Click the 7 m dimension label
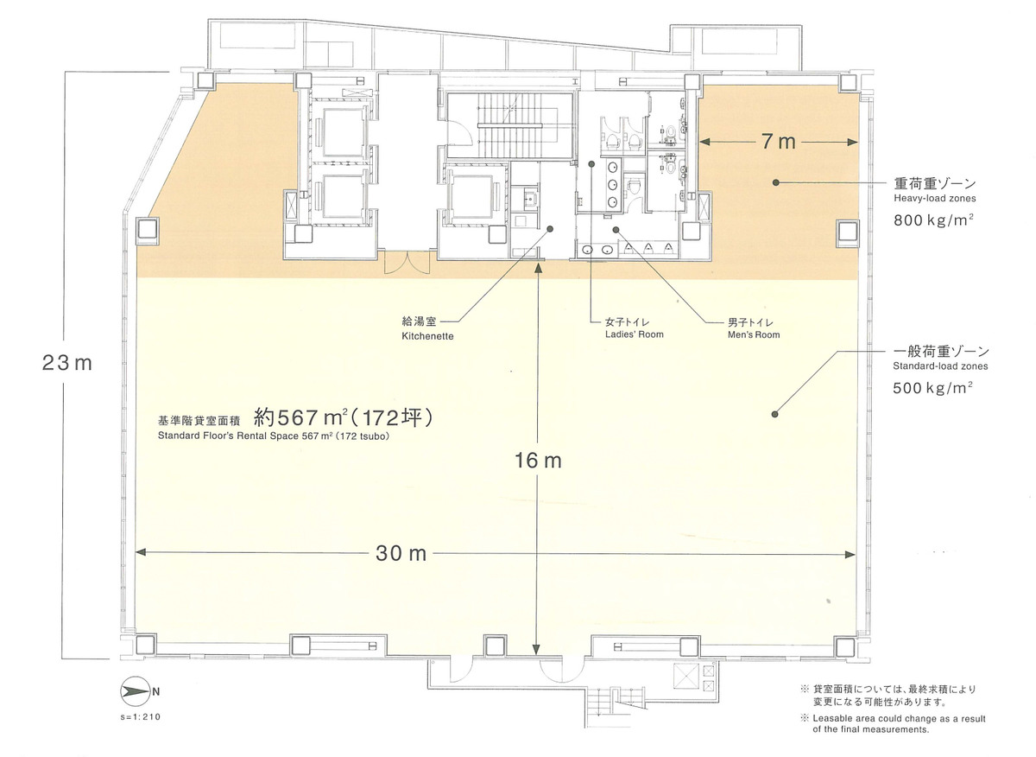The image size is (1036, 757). click(x=778, y=143)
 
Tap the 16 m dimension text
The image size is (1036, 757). click(x=539, y=461)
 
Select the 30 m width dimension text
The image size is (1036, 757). click(x=401, y=554)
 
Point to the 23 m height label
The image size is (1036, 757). click(x=67, y=363)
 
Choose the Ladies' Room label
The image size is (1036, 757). click(x=635, y=334)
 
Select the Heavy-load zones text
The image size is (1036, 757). click(x=935, y=198)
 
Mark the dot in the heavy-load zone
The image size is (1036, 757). click(x=775, y=182)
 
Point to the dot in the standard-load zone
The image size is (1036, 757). click(x=775, y=415)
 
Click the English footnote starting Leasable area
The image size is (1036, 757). click(x=893, y=723)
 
